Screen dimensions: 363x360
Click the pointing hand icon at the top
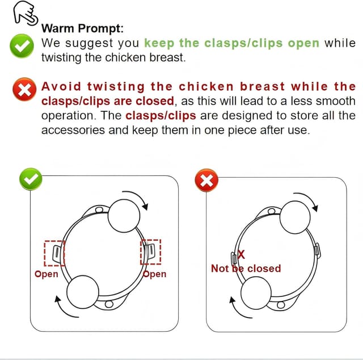point(26,13)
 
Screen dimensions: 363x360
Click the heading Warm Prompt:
point(82,28)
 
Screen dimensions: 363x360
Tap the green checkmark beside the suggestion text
point(22,45)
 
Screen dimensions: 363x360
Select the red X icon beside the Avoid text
point(24,89)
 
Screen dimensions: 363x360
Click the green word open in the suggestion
point(303,44)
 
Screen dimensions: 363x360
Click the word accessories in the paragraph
point(73,130)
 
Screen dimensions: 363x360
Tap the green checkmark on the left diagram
point(31,179)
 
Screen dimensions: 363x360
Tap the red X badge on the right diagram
point(206,180)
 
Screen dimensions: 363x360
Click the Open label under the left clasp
point(46,274)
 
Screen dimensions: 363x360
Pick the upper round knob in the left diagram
point(124,216)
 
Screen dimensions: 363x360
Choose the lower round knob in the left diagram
point(83,292)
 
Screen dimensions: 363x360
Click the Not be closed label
point(246,269)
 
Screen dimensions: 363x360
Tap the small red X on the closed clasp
point(241,254)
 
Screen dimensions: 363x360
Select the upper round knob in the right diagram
point(295,217)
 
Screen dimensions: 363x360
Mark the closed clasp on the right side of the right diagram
point(318,251)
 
